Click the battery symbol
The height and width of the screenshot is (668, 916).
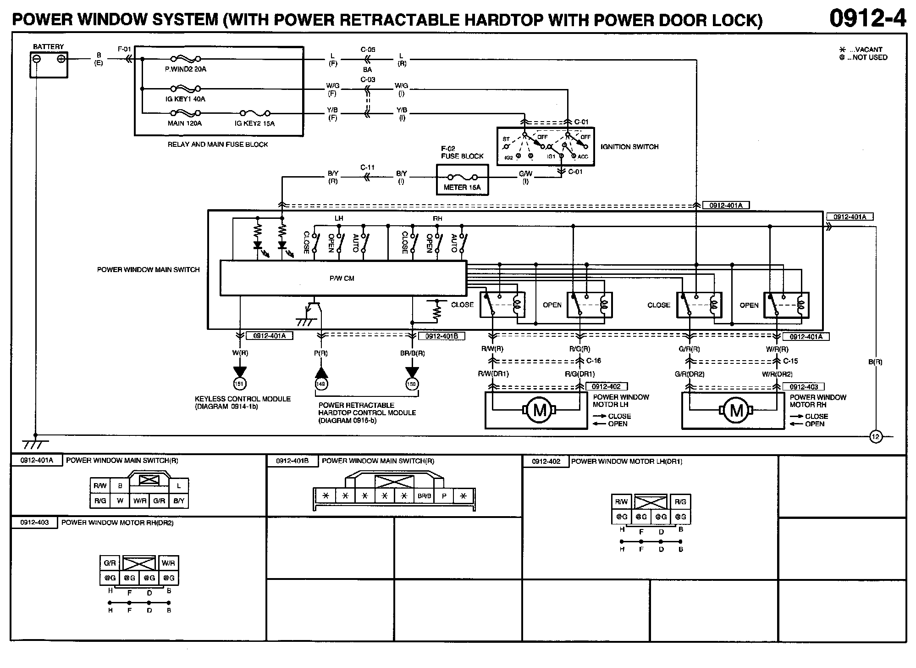[49, 64]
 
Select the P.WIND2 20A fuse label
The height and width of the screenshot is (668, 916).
[185, 69]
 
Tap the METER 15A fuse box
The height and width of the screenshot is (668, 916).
[462, 180]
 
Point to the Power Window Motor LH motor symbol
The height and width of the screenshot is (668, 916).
[540, 410]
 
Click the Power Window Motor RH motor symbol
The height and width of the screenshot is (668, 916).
[736, 410]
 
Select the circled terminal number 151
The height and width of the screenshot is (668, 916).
[239, 384]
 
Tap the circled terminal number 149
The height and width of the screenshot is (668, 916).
[321, 384]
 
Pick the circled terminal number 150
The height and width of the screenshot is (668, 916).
[412, 384]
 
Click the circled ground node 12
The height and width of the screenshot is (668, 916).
[875, 436]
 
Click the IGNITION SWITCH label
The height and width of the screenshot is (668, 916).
[629, 147]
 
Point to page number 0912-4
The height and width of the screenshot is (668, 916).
[867, 19]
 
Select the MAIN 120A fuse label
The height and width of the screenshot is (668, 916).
[185, 123]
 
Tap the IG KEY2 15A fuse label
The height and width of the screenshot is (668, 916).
[254, 123]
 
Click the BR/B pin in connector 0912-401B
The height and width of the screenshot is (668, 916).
[425, 496]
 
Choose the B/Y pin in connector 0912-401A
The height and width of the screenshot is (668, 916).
[179, 501]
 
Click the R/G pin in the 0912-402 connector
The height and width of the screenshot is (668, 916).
[680, 502]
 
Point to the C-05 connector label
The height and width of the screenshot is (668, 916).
[368, 50]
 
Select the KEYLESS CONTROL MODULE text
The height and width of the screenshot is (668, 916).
[243, 399]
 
